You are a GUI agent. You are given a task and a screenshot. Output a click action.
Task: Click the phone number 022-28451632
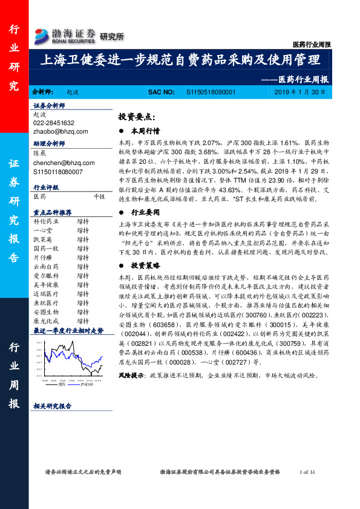(54, 122)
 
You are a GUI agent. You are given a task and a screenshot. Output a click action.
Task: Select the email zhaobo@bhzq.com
(61, 131)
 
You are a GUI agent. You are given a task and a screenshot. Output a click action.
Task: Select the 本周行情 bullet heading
(146, 131)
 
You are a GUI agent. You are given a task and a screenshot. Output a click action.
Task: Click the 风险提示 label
(131, 375)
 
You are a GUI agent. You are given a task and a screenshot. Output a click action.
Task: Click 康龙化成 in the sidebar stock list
(45, 320)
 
